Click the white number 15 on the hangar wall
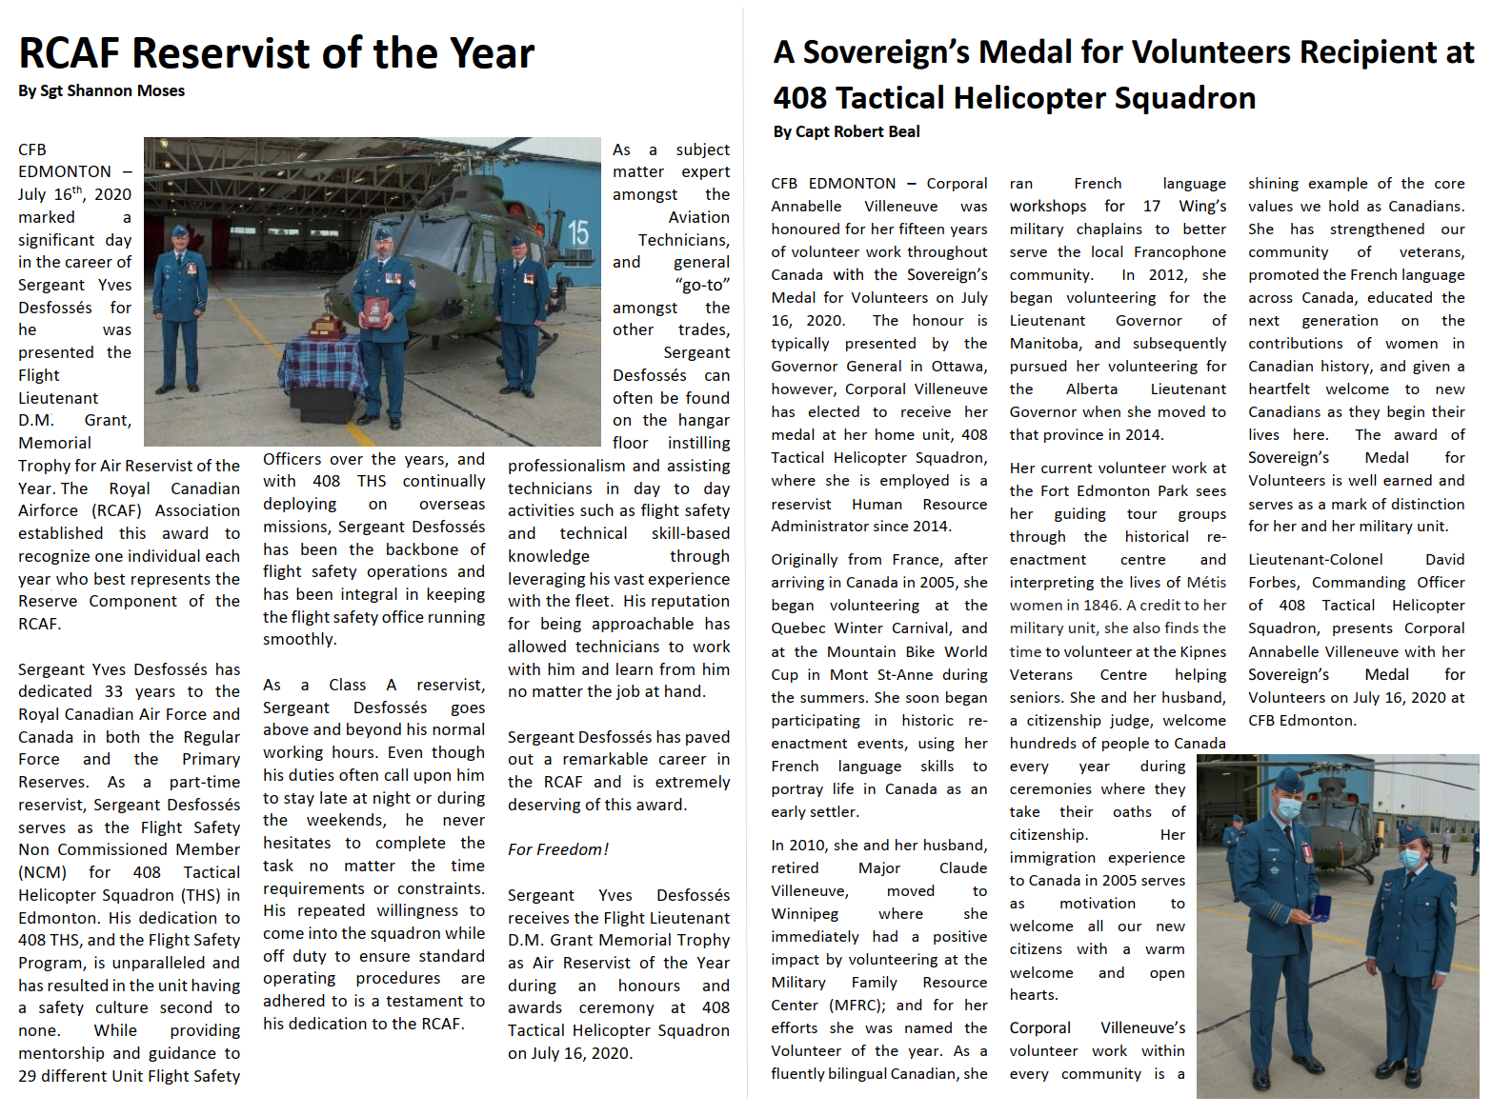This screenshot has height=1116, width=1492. point(578,233)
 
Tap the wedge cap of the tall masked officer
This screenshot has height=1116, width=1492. point(1286,783)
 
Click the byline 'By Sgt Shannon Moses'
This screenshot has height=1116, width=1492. point(101,91)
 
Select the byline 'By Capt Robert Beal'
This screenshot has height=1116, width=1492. point(846,132)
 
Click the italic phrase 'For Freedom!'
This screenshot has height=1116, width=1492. point(557,849)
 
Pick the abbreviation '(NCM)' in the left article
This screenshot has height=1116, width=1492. point(42,872)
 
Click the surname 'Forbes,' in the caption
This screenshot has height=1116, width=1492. point(1273,583)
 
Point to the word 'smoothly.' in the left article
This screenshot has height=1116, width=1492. point(300,640)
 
